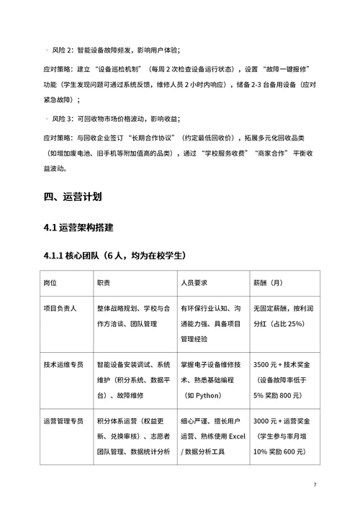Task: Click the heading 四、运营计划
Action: pyautogui.click(x=73, y=195)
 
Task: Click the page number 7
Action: pyautogui.click(x=315, y=484)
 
